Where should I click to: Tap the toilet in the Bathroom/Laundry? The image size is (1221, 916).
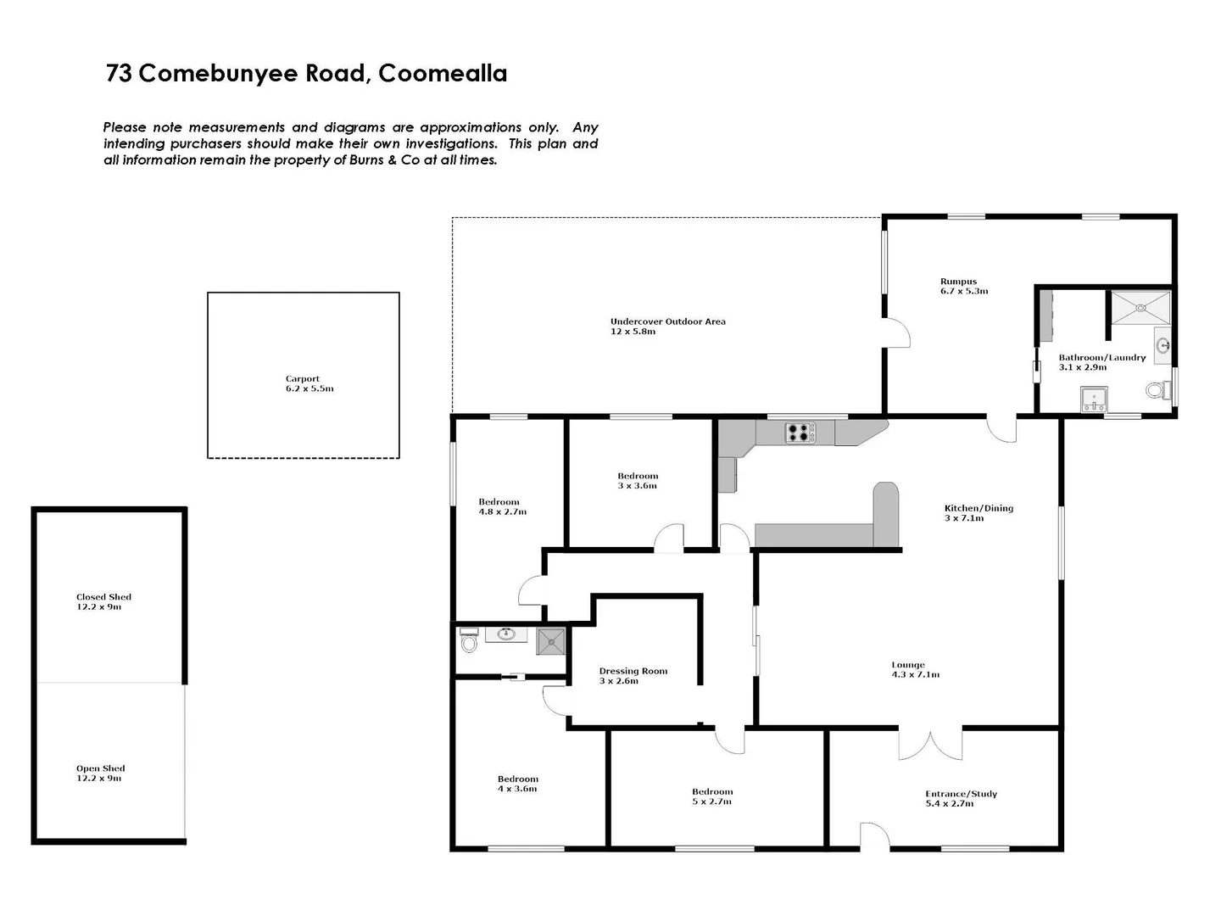pos(1155,391)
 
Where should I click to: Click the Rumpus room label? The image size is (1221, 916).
pos(958,282)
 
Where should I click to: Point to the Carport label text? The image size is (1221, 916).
pos(303,379)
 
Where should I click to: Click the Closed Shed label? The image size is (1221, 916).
pos(103,597)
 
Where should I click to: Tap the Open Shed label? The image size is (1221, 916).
pos(100,768)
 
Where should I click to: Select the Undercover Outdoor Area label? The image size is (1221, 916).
pos(667,321)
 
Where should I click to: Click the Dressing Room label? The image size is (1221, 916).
pos(633,671)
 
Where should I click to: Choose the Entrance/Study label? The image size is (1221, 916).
pos(961,794)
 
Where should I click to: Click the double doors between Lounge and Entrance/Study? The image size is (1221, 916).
pos(930,744)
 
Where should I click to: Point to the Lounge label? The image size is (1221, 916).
pos(908,665)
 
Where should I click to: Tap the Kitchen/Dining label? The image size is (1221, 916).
pos(978,508)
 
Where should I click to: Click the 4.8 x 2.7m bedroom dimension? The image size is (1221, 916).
pos(503,512)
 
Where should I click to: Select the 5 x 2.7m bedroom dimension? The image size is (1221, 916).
pos(711,801)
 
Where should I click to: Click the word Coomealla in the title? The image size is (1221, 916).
pos(443,74)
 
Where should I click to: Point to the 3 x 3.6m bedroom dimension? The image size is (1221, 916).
pos(637,486)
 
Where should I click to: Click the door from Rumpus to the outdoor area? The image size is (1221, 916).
pos(897,332)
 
